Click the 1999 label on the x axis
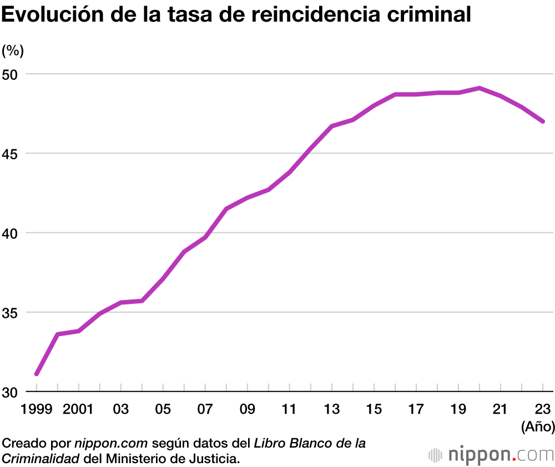(37, 410)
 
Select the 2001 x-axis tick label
(78, 410)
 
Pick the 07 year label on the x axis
(205, 410)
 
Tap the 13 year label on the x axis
(332, 410)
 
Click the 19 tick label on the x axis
(458, 410)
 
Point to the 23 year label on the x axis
(543, 410)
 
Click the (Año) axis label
(538, 427)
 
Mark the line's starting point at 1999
(37, 374)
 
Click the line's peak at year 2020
(480, 88)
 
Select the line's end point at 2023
(543, 121)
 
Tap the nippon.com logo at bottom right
(491, 455)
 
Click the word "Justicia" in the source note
(218, 459)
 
